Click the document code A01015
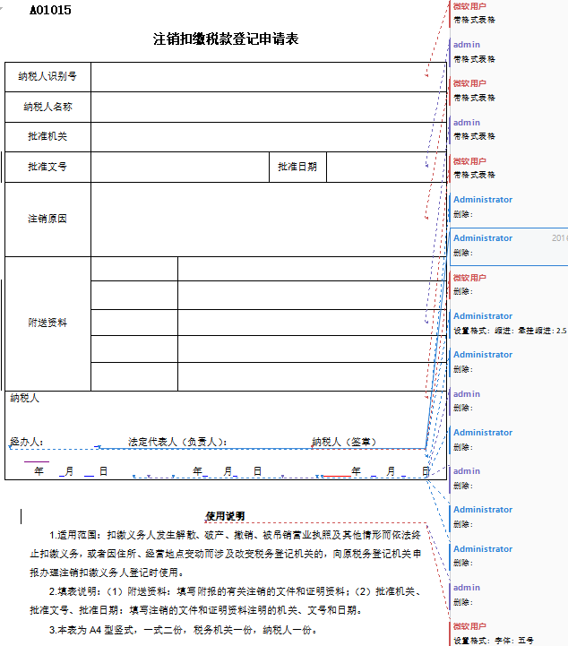coord(51,10)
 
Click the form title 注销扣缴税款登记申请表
coord(226,39)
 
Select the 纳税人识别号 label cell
coord(47,76)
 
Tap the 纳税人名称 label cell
coord(47,107)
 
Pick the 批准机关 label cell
coord(47,136)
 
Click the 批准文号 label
coord(47,167)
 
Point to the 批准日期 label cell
coord(297,167)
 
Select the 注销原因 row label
coord(47,219)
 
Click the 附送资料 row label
coord(47,323)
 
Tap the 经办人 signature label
coord(26,442)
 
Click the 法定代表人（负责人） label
coord(177,442)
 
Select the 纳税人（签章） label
coord(344,442)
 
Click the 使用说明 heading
coord(225,516)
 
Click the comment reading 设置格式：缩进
coord(509,331)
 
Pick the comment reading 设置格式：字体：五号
coord(494,641)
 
